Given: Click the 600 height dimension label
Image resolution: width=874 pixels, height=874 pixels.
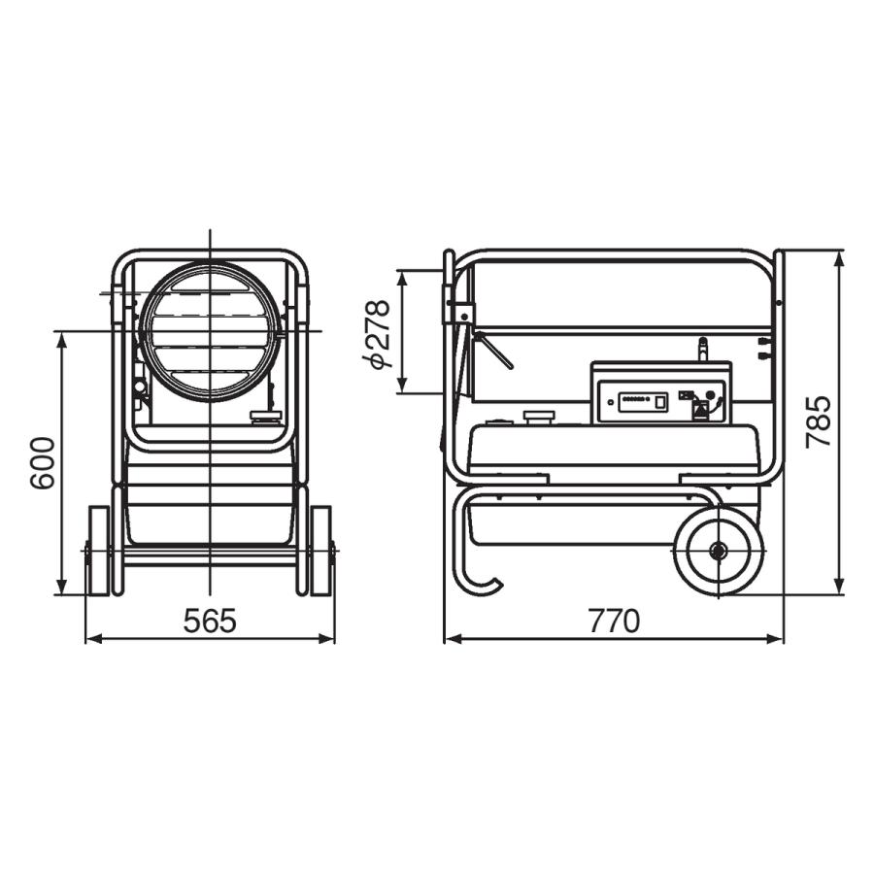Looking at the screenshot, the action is point(43,463).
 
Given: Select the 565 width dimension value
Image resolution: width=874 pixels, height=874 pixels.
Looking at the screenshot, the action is point(210,621).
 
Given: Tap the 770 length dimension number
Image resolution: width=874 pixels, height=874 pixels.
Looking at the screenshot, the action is point(614,621).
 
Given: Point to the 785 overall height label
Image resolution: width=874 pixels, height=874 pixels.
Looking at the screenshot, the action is point(819,421).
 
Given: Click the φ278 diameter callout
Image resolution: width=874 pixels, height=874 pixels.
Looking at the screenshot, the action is point(375,334).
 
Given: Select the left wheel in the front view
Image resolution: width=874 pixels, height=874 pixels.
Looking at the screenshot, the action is point(98,551).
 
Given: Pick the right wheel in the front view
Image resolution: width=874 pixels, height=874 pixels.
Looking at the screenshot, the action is point(320,551).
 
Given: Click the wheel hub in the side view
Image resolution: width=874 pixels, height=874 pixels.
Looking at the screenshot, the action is point(718,552).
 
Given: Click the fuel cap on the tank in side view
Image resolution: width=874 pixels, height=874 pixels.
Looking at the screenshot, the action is point(539,418).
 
